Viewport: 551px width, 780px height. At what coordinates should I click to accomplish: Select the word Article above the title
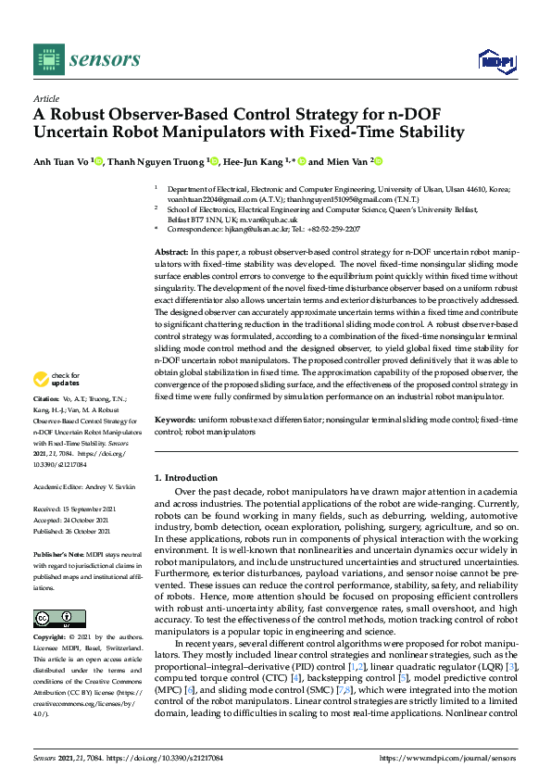45,98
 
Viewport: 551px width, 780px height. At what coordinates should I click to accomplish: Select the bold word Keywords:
174,420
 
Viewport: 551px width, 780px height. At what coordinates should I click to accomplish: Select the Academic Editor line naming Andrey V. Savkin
84,486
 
